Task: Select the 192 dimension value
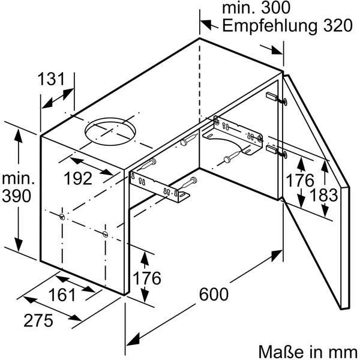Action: coord(78,178)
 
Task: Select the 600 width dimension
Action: coord(214,295)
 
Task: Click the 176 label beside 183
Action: coord(299,180)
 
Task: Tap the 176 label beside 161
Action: coord(146,278)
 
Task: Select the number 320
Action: coord(333,26)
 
